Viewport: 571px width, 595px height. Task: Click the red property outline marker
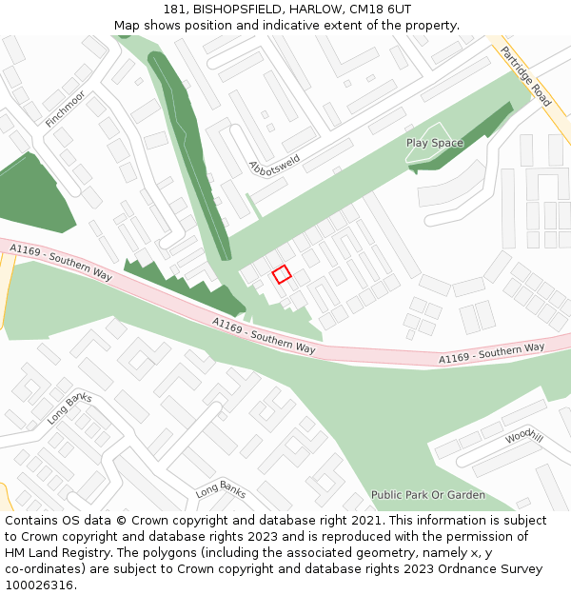pyautogui.click(x=282, y=274)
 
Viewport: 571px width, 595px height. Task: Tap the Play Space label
pyautogui.click(x=435, y=143)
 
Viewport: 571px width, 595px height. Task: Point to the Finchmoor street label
pyautogui.click(x=65, y=109)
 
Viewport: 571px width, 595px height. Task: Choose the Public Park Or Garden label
pyautogui.click(x=428, y=495)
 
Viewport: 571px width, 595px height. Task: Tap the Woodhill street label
pyautogui.click(x=524, y=436)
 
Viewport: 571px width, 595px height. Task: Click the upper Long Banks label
pyautogui.click(x=69, y=407)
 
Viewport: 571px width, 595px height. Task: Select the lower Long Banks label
pyautogui.click(x=221, y=490)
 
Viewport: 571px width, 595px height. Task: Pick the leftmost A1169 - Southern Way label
pyautogui.click(x=61, y=262)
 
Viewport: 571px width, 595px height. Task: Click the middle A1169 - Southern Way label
pyautogui.click(x=264, y=336)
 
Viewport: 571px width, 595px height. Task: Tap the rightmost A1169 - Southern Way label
pyautogui.click(x=491, y=353)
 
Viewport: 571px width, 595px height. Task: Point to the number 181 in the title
pyautogui.click(x=174, y=9)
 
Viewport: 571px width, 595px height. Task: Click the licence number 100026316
pyautogui.click(x=39, y=585)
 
